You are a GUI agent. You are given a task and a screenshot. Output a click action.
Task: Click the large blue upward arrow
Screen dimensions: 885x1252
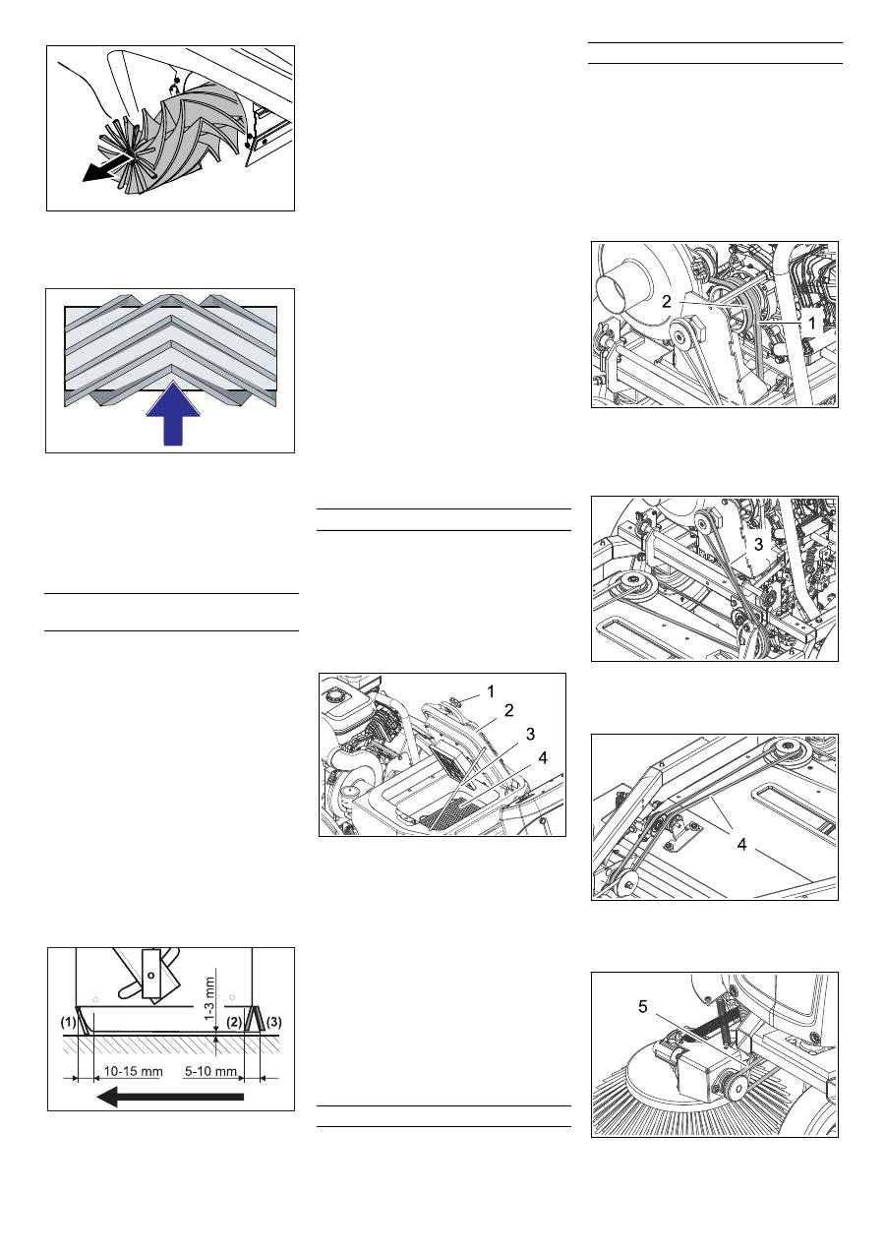tap(173, 415)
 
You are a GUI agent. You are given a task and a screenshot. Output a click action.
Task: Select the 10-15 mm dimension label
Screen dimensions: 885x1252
tap(133, 1071)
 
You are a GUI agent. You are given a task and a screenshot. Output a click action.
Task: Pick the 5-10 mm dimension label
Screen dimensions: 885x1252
tap(210, 1071)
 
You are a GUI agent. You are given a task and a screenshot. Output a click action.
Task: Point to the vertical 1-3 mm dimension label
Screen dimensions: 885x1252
tap(210, 998)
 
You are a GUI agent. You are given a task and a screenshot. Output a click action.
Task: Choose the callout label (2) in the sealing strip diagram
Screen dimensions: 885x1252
tap(234, 1022)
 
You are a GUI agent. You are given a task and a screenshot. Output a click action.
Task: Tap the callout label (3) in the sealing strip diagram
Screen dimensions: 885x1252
tap(273, 1022)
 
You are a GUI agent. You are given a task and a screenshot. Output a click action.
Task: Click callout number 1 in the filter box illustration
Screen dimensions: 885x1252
tap(491, 691)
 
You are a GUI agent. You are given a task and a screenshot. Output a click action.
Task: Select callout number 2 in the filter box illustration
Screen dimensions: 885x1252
tap(509, 710)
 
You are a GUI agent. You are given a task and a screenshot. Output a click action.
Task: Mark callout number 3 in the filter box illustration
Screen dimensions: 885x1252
tap(530, 734)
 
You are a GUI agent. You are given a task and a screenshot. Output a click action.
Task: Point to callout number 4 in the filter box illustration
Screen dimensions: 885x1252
tap(543, 758)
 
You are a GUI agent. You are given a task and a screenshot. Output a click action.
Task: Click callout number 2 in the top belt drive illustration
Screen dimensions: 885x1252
tap(667, 302)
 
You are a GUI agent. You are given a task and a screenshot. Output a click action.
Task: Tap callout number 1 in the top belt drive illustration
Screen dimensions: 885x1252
tap(812, 323)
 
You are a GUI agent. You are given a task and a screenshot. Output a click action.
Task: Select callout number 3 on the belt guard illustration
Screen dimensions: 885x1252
tap(758, 545)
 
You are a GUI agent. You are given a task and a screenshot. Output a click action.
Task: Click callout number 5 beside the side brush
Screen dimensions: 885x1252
tap(643, 1007)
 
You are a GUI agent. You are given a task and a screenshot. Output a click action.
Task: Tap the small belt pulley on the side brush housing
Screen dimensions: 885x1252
tap(733, 1087)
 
